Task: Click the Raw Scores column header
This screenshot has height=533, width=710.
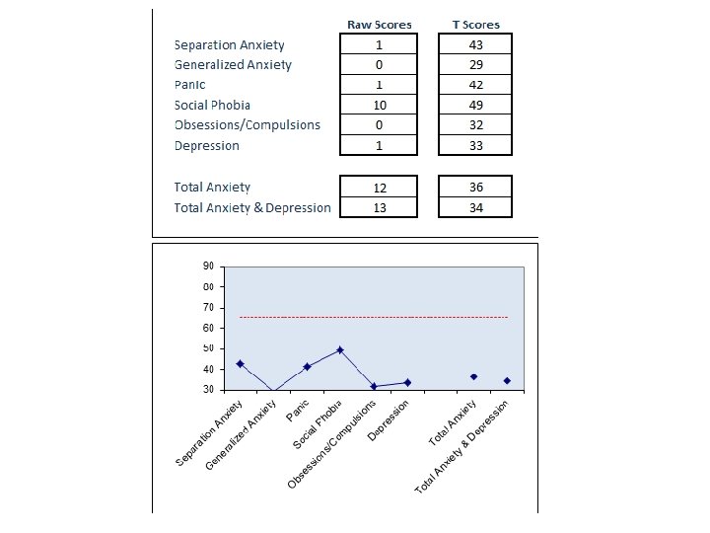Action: coord(379,25)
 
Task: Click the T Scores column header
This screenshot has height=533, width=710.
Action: coord(476,25)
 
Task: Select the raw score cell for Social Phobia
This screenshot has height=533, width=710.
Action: coord(379,105)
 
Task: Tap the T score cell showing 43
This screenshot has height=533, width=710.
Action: coord(476,44)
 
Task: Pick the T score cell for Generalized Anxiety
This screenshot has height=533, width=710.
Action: coord(476,65)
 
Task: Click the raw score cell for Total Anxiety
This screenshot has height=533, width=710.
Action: coord(379,188)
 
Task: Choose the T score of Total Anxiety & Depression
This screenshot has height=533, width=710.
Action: coord(476,207)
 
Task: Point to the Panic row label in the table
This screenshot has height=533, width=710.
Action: coord(189,85)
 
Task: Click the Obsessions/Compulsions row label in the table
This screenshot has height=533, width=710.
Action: coord(247,125)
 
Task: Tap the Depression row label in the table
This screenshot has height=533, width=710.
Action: coord(206,146)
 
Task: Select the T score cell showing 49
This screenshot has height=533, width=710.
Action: coord(476,105)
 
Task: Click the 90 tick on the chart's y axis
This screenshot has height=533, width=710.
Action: coord(209,266)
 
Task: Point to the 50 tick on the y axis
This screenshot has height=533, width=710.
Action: coord(209,348)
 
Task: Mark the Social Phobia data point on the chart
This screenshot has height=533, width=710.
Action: coord(340,350)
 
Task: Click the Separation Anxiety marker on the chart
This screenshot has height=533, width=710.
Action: coord(240,364)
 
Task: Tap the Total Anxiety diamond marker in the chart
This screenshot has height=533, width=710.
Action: coord(473,377)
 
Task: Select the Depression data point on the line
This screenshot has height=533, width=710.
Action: coord(407,382)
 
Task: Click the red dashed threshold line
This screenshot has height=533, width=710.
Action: coord(375,317)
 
